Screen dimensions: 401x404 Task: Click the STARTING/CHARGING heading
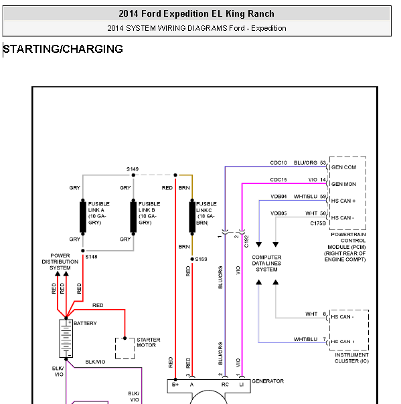pyautogui.click(x=63, y=49)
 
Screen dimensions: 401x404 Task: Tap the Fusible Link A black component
pyautogui.click(x=83, y=217)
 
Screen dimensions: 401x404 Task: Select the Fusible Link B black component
pyautogui.click(x=133, y=217)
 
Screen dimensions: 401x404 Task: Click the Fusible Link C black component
pyautogui.click(x=192, y=217)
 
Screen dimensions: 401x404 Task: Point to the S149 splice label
pyautogui.click(x=133, y=169)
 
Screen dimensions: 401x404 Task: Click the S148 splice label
pyautogui.click(x=91, y=257)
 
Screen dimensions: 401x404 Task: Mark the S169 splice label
pyautogui.click(x=201, y=259)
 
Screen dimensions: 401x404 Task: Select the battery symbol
pyautogui.click(x=66, y=338)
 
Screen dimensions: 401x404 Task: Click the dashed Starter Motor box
pyautogui.click(x=125, y=348)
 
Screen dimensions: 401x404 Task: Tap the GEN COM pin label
pyautogui.click(x=343, y=167)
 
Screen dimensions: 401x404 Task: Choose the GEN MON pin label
pyautogui.click(x=343, y=184)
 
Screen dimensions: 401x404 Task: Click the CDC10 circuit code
pyautogui.click(x=278, y=163)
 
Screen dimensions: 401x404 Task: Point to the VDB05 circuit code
pyautogui.click(x=278, y=213)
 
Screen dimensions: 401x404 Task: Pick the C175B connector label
pyautogui.click(x=318, y=223)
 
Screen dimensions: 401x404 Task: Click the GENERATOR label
pyautogui.click(x=268, y=381)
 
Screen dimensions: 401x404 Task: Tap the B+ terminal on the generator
pyautogui.click(x=175, y=385)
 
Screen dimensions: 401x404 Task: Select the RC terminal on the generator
pyautogui.click(x=225, y=385)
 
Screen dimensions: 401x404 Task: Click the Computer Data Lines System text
pyautogui.click(x=266, y=264)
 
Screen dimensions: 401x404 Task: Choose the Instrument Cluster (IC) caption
pyautogui.click(x=351, y=358)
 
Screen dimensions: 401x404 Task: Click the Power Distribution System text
pyautogui.click(x=60, y=262)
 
